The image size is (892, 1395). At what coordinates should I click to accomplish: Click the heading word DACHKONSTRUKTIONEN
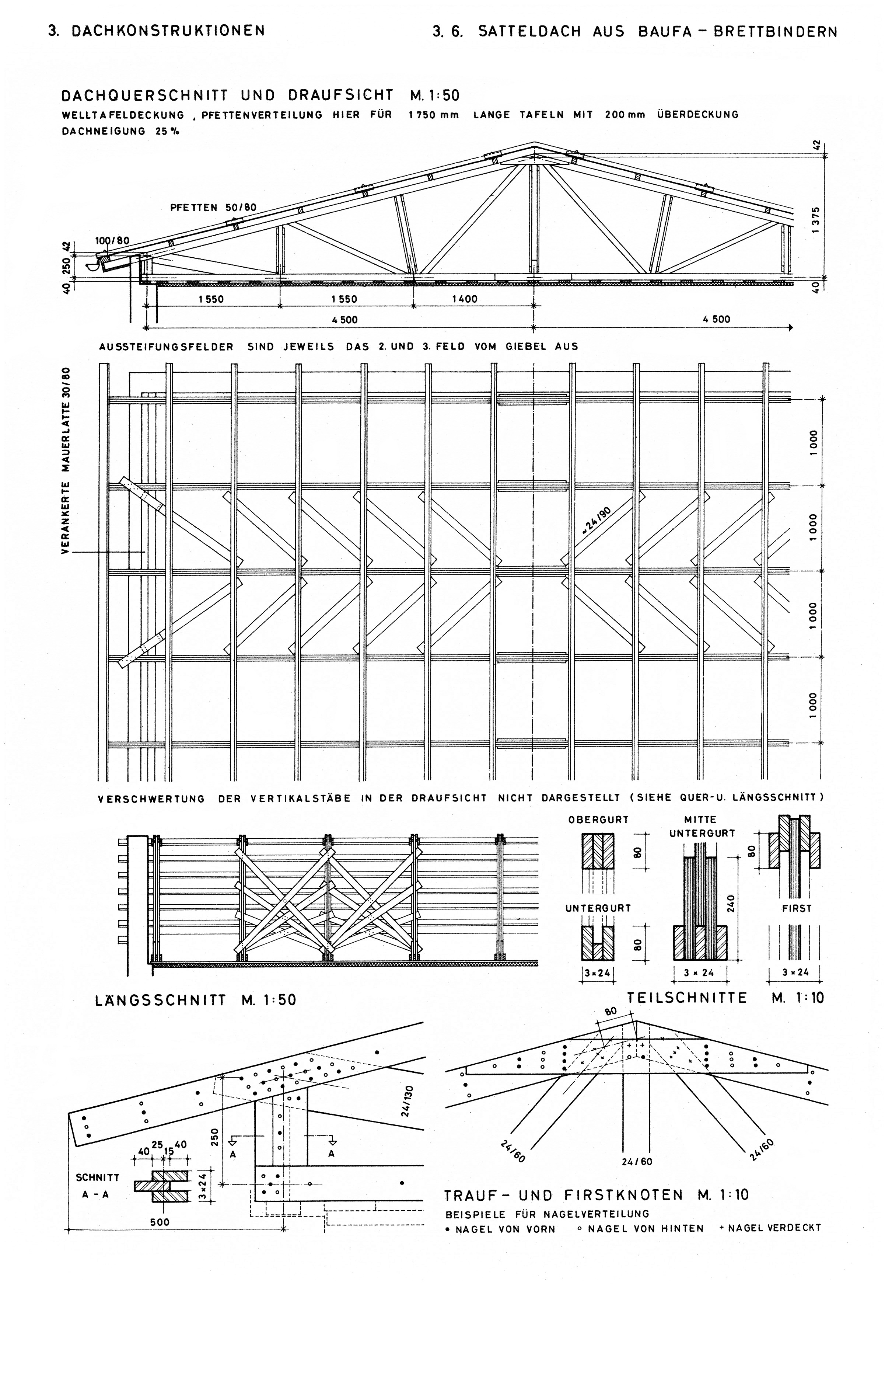(168, 30)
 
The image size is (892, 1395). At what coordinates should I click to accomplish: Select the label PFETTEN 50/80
(213, 207)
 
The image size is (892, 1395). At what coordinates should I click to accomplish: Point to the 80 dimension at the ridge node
(611, 1011)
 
